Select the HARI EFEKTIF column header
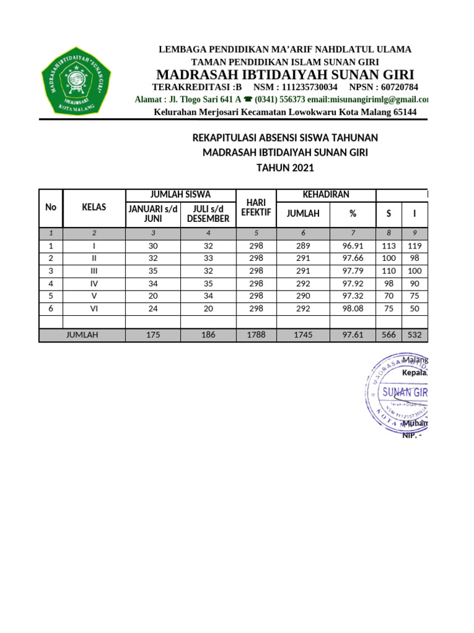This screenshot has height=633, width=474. (x=256, y=208)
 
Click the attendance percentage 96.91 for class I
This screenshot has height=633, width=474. (x=353, y=245)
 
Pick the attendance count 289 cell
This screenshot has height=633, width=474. (x=303, y=245)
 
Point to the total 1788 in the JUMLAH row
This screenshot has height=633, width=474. (x=256, y=335)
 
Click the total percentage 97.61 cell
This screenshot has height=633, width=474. (x=353, y=335)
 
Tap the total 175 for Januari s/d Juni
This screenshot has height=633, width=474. (x=152, y=335)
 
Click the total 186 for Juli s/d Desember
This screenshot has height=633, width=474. (x=208, y=335)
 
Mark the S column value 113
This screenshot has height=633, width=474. (x=389, y=245)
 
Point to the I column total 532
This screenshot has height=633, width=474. (x=414, y=335)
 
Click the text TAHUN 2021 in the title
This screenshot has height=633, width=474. (x=285, y=168)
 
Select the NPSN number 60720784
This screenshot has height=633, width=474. (x=392, y=87)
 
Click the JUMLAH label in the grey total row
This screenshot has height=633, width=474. (x=82, y=335)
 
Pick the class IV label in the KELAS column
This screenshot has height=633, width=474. (x=94, y=284)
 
